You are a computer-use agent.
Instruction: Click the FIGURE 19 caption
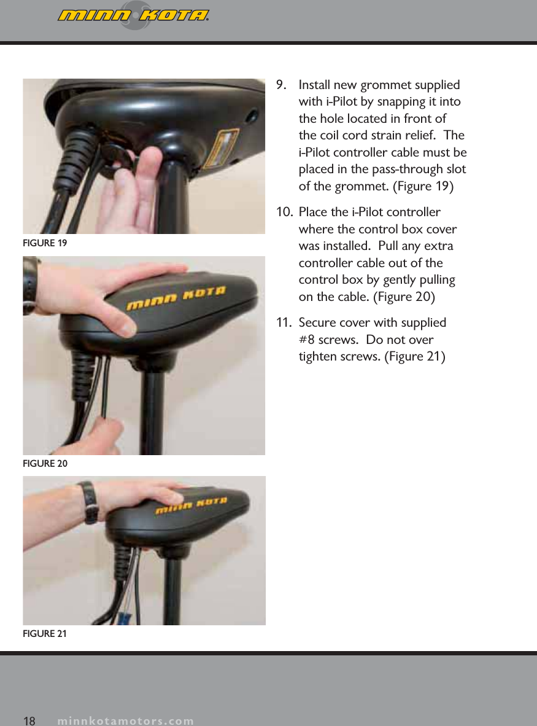pyautogui.click(x=45, y=243)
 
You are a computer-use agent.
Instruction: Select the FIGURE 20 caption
pyautogui.click(x=45, y=464)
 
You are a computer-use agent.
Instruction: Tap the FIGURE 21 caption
pyautogui.click(x=45, y=634)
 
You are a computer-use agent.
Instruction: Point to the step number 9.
pyautogui.click(x=283, y=84)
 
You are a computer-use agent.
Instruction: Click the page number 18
pyautogui.click(x=29, y=720)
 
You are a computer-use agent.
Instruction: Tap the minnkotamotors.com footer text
pyautogui.click(x=126, y=720)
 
